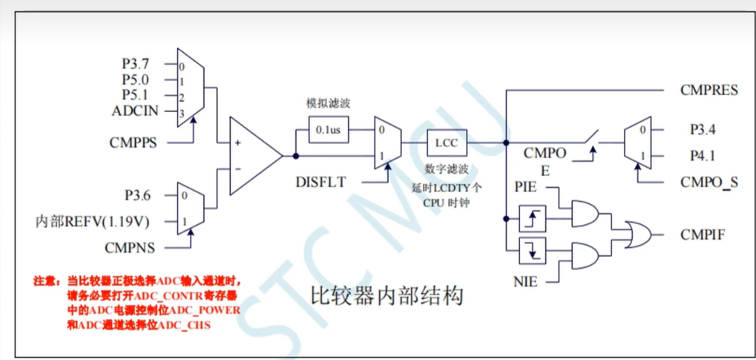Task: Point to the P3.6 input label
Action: [139, 196]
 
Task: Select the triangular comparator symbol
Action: [252, 156]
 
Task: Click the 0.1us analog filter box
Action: [328, 131]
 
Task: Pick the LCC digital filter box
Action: [447, 142]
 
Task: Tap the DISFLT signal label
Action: [321, 181]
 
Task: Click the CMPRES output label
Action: [709, 91]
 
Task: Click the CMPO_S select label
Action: [709, 181]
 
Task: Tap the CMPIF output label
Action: [703, 235]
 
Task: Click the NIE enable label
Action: [526, 281]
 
